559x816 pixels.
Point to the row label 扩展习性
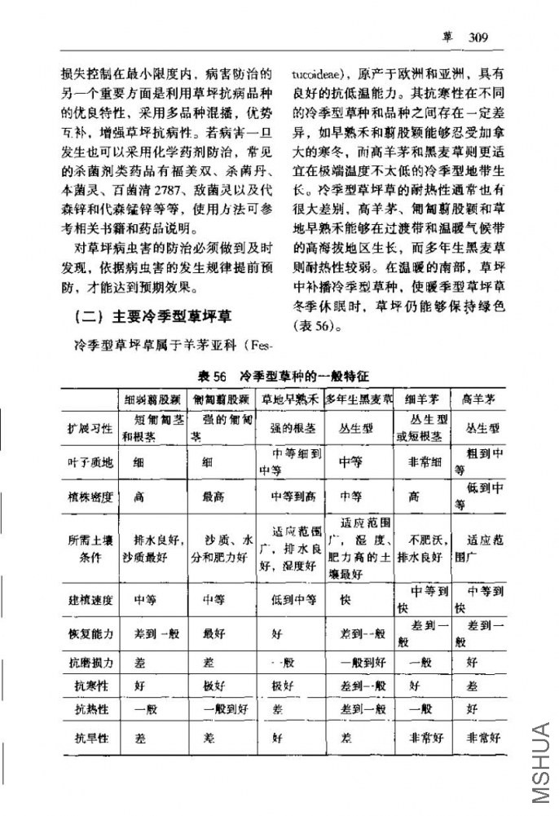(90, 428)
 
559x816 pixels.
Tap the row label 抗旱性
(90, 738)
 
